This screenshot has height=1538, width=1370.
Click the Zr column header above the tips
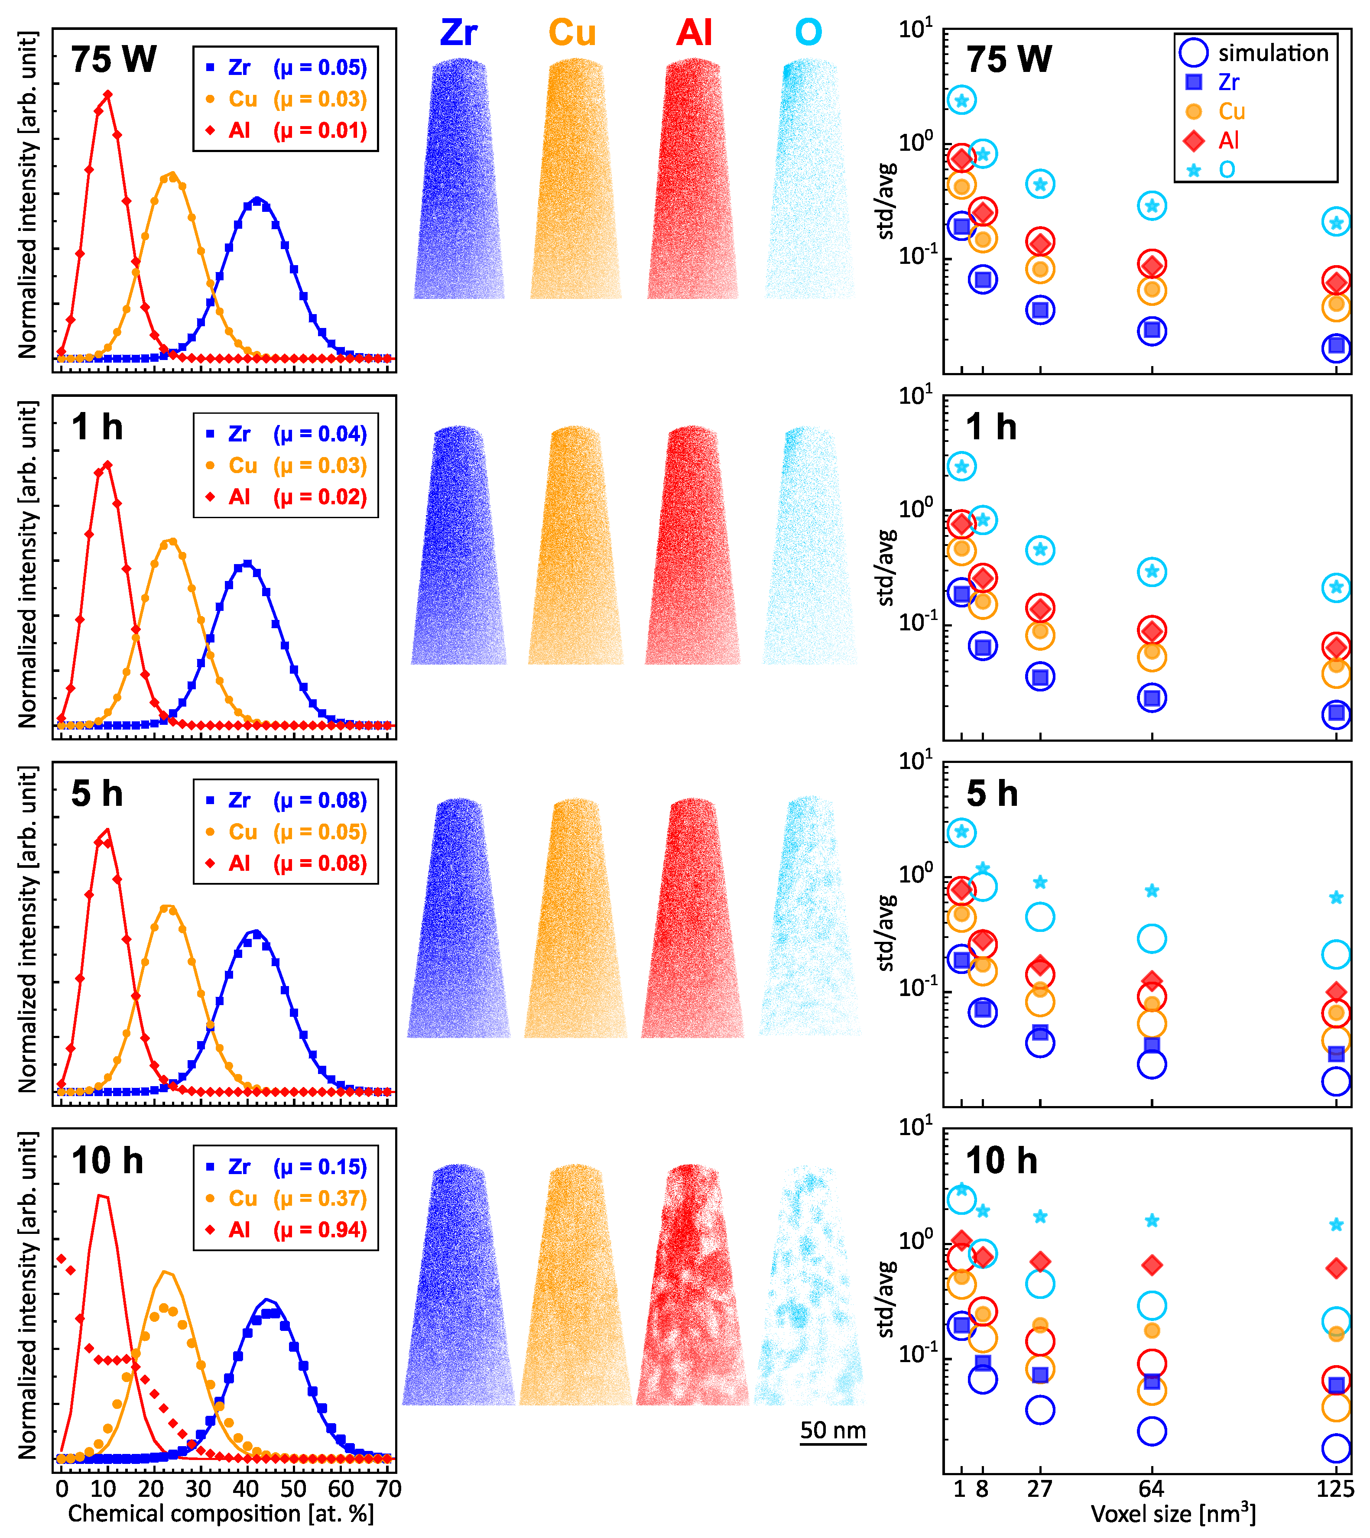coord(458,33)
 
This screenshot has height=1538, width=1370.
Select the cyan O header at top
coord(808,33)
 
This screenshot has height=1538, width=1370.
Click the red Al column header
coord(694,33)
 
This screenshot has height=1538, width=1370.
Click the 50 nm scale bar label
coord(833,1430)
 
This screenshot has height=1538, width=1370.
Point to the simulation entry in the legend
coord(1272,53)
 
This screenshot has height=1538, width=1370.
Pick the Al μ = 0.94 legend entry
coord(297,1230)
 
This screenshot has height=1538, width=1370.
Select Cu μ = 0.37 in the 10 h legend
coord(297,1198)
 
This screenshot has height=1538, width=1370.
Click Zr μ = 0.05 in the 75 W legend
coord(297,68)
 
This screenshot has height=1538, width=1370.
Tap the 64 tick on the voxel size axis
coord(1151,1488)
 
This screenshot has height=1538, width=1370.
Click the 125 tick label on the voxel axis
coord(1334,1488)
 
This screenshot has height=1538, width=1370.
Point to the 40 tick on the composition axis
coord(246,1488)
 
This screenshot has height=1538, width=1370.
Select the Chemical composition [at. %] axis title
coord(221,1513)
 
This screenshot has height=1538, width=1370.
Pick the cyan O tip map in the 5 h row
coord(810,918)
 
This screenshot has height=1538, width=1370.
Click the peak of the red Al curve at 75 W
coord(107,95)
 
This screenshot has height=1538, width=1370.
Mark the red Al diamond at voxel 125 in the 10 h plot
coord(1336,1269)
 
